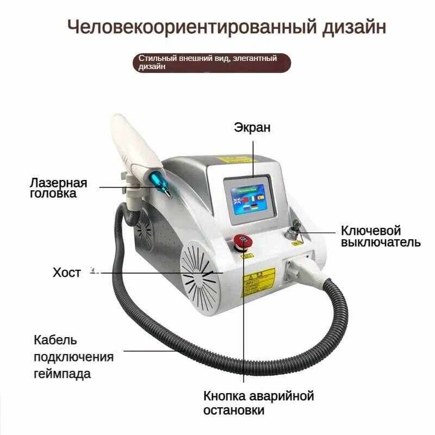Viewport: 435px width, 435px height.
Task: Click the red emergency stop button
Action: coord(241,240)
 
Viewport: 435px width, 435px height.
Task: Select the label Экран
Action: coord(252,127)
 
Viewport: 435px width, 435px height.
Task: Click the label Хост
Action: coord(66,272)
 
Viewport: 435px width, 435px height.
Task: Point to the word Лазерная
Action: coord(58,182)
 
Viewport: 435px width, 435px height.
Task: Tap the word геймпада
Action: coord(62,374)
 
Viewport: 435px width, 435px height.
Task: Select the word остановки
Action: coord(234,409)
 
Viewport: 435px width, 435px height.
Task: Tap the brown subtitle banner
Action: coord(212,62)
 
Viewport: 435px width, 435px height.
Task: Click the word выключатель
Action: coord(381,242)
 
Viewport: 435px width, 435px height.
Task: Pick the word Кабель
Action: coord(55,340)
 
